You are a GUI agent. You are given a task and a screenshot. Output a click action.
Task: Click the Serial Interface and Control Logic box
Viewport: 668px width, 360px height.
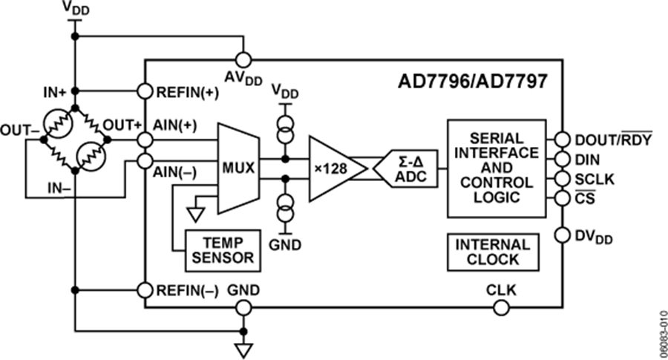(x=497, y=168)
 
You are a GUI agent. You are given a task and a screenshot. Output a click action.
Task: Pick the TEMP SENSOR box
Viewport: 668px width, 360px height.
(x=222, y=249)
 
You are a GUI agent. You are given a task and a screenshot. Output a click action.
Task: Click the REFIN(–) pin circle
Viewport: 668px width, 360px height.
(x=145, y=289)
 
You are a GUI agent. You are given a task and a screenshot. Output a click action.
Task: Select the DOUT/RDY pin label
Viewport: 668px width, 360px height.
(x=613, y=140)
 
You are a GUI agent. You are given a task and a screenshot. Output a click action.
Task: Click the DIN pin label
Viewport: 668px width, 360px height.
(x=588, y=160)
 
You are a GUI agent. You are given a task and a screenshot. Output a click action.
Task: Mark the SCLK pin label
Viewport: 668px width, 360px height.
(x=594, y=179)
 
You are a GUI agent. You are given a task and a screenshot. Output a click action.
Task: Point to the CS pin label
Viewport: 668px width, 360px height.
(x=584, y=199)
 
